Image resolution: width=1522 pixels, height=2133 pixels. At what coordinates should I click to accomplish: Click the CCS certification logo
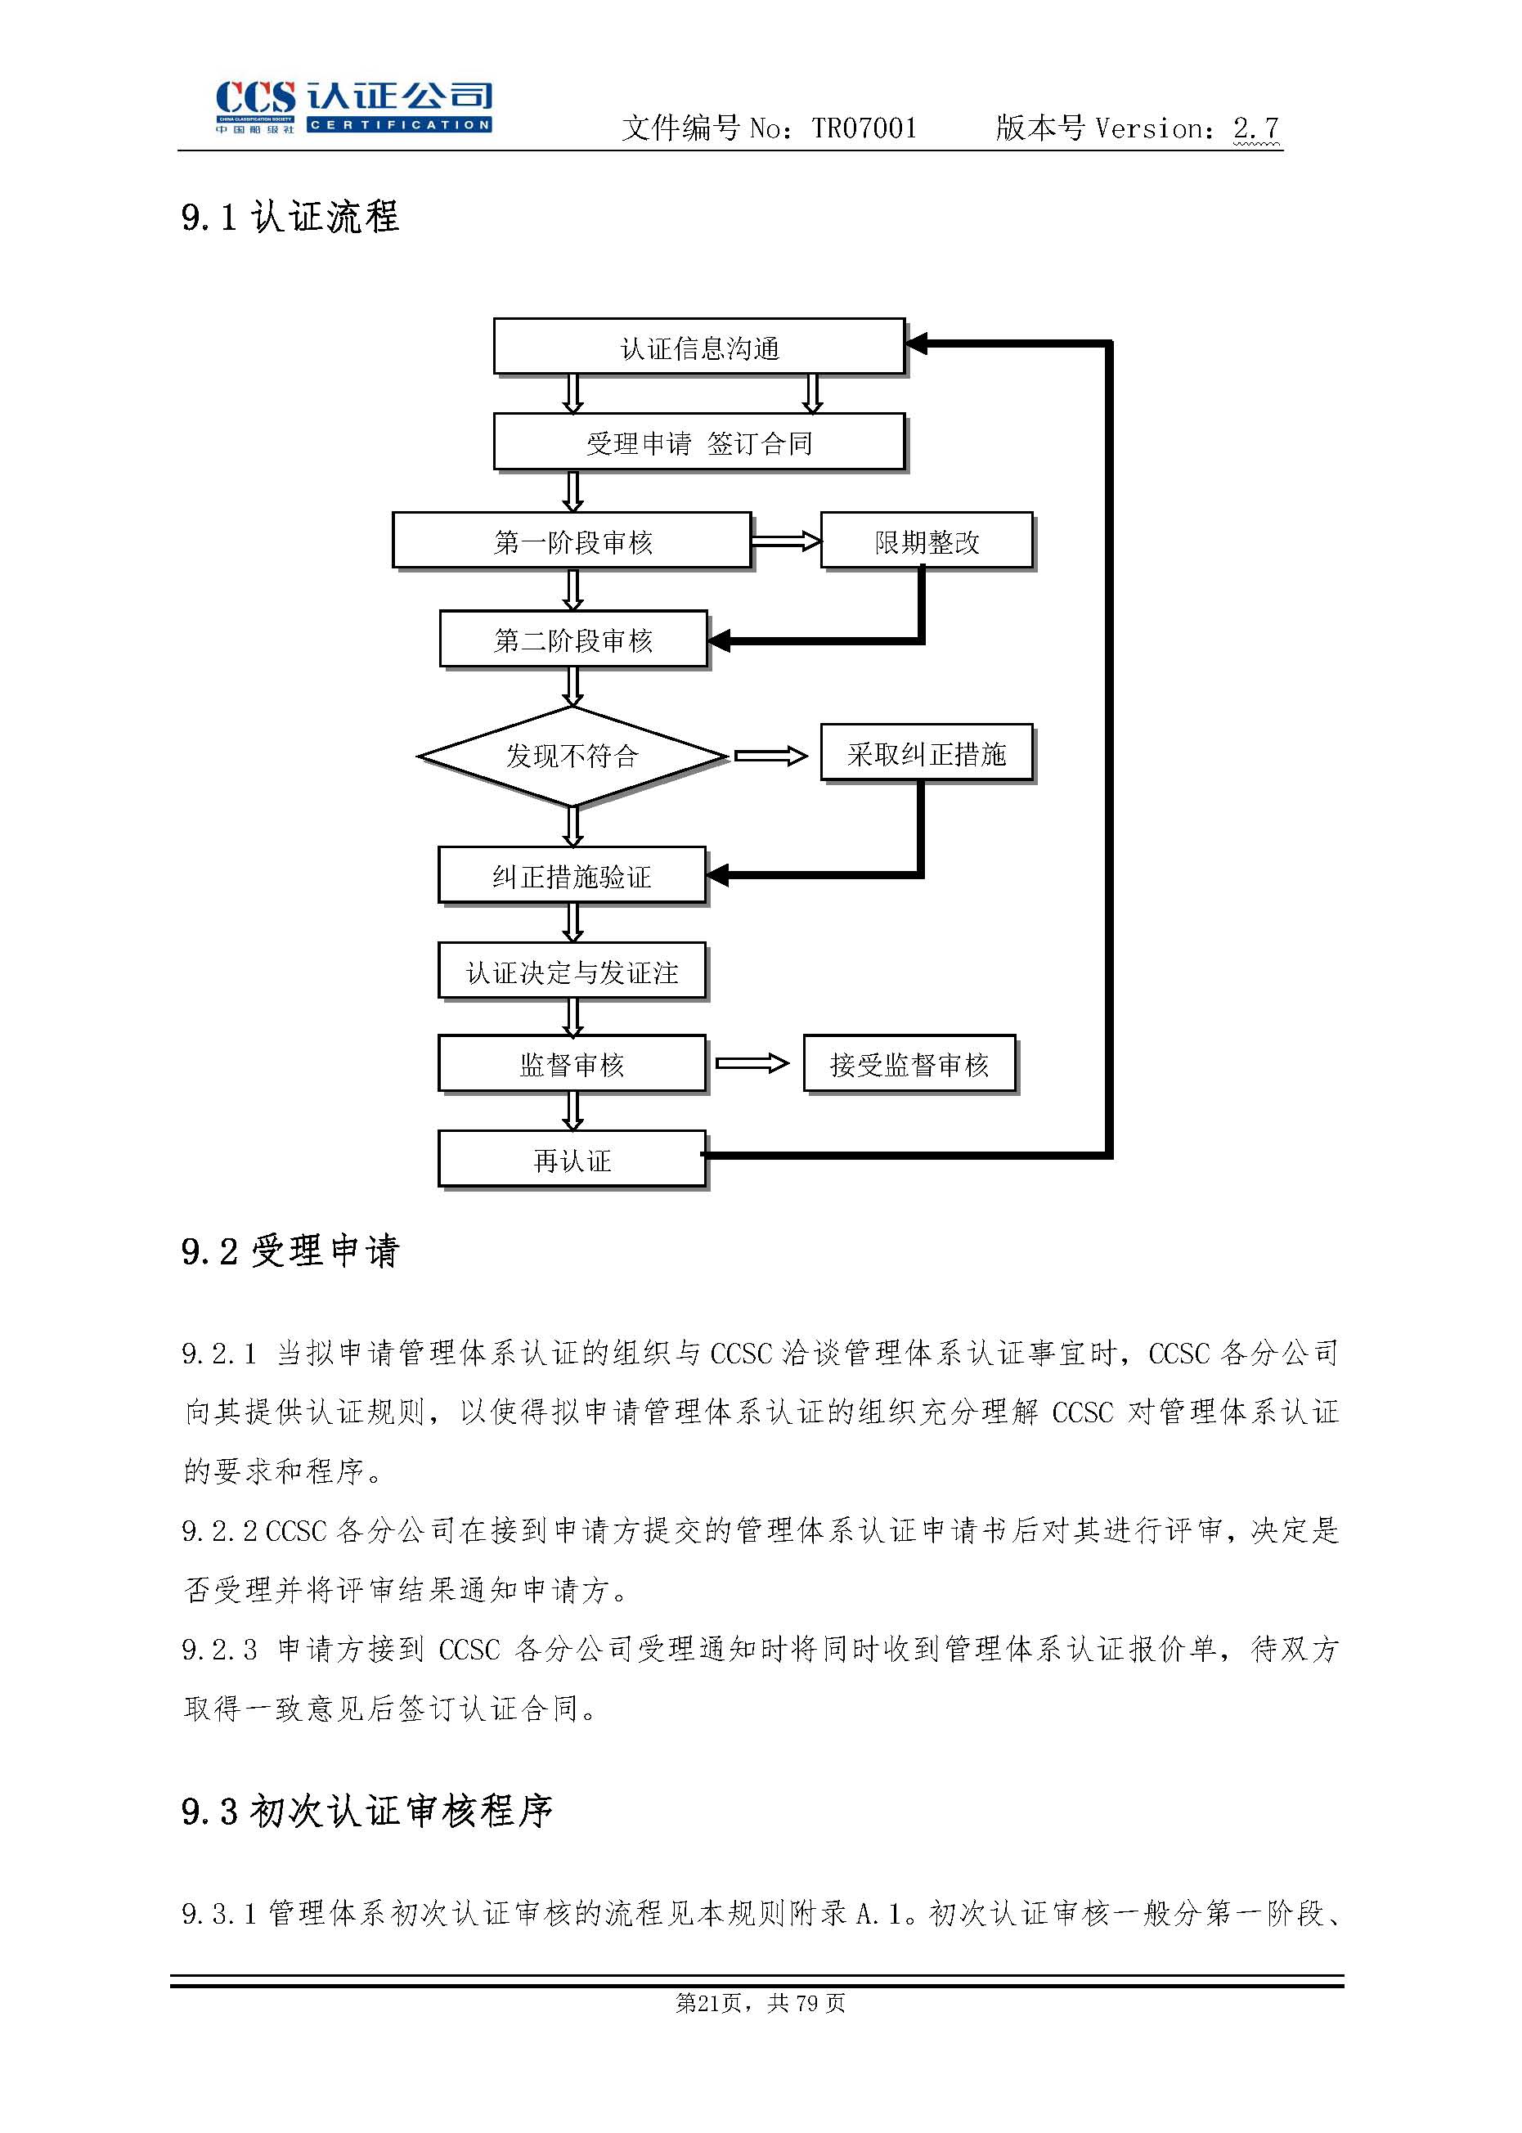(353, 106)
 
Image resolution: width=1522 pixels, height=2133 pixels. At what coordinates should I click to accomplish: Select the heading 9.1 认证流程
(290, 218)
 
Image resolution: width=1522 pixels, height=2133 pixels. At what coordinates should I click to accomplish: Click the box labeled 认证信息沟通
(698, 348)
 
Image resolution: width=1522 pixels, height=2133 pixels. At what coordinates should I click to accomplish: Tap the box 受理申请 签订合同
(698, 442)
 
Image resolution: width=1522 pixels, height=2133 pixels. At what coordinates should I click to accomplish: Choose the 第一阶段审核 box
(572, 541)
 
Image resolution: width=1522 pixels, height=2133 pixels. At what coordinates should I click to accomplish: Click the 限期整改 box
(926, 541)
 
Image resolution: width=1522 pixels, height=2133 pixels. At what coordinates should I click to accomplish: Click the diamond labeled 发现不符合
(572, 756)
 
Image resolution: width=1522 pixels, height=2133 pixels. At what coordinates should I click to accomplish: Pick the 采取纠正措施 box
(926, 753)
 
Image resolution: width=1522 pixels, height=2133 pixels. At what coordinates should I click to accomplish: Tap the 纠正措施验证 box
(572, 876)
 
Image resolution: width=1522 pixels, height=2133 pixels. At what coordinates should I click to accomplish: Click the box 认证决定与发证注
(572, 972)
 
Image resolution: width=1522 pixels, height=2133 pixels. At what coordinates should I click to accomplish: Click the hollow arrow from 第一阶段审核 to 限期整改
(785, 541)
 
